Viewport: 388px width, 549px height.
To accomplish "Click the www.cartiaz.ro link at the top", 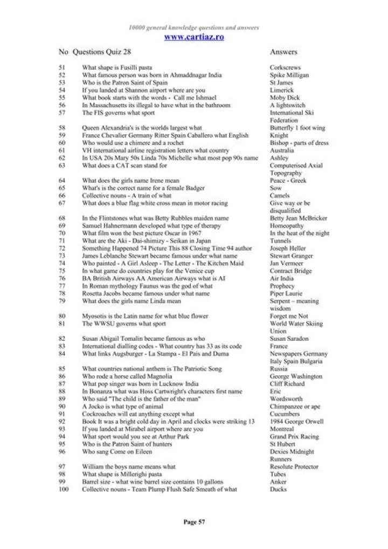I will (193, 37).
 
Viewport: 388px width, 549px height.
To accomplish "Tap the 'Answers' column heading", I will (283, 52).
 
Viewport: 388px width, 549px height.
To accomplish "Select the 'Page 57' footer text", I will (194, 521).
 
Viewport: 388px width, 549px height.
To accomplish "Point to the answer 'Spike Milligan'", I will (289, 76).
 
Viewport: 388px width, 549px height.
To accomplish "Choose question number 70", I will (63, 233).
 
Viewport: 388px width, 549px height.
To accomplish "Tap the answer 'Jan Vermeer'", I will (287, 263).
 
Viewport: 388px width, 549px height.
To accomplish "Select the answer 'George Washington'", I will (296, 376).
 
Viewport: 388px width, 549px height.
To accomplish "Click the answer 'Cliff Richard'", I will (287, 384).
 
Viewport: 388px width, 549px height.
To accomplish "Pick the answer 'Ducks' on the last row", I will (278, 490).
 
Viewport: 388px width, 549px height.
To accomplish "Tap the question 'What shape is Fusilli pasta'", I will (122, 68).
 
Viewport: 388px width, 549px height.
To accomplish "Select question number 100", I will (64, 490).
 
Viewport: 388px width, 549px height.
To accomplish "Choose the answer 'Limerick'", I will (282, 91).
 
